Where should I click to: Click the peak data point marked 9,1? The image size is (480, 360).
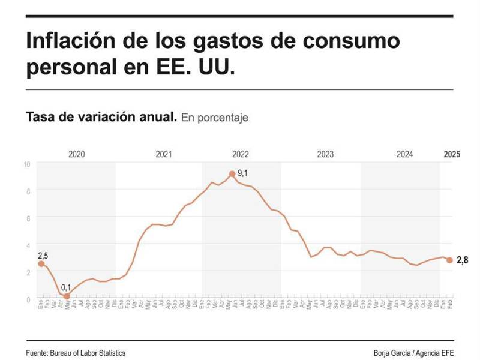(x=232, y=174)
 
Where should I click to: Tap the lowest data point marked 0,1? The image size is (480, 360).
(x=67, y=296)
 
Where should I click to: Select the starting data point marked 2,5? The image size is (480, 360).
(x=41, y=264)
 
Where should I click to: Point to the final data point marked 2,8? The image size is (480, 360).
(x=449, y=260)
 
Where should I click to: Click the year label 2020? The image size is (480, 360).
(x=76, y=154)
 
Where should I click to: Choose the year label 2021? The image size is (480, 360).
(x=163, y=154)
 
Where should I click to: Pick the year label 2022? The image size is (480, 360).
(x=241, y=154)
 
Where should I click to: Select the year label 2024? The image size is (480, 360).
(x=404, y=154)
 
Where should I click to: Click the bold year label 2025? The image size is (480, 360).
(x=451, y=154)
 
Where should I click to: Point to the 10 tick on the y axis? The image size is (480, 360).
(x=27, y=163)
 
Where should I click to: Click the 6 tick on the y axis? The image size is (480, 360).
(x=28, y=217)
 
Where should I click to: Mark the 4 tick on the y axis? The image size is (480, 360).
(x=28, y=245)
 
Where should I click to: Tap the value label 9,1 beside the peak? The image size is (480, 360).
(x=243, y=173)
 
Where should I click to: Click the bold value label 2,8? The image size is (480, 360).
(x=462, y=260)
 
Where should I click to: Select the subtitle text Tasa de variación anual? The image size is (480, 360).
(x=101, y=117)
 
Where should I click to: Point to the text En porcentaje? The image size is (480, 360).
(x=214, y=118)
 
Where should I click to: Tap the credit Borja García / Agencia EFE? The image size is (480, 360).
(x=413, y=353)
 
